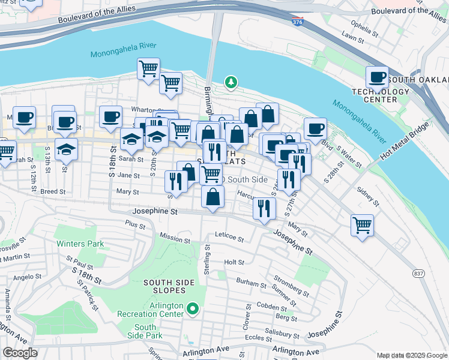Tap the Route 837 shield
418,273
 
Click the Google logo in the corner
19,353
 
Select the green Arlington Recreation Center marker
192,309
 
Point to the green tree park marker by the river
229,82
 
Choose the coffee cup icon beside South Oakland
377,77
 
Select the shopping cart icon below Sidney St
362,226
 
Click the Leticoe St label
229,239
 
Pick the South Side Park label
145,331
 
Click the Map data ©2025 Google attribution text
412,355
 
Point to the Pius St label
135,225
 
